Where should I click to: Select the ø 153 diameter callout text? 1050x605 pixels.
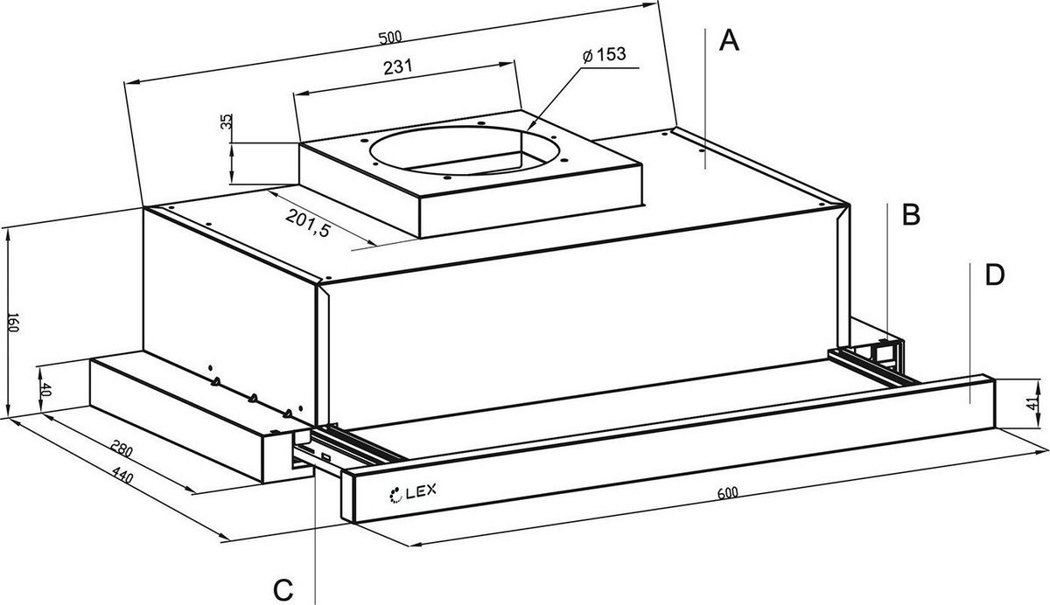pos(602,53)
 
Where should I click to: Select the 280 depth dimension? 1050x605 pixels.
pos(122,451)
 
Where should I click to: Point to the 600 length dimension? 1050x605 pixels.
pos(725,492)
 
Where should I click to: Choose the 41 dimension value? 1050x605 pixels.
pos(1039,404)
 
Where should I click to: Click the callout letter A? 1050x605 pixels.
pos(729,40)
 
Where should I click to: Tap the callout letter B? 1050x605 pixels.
pos(910,214)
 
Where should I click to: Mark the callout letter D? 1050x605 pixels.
pos(994,275)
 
